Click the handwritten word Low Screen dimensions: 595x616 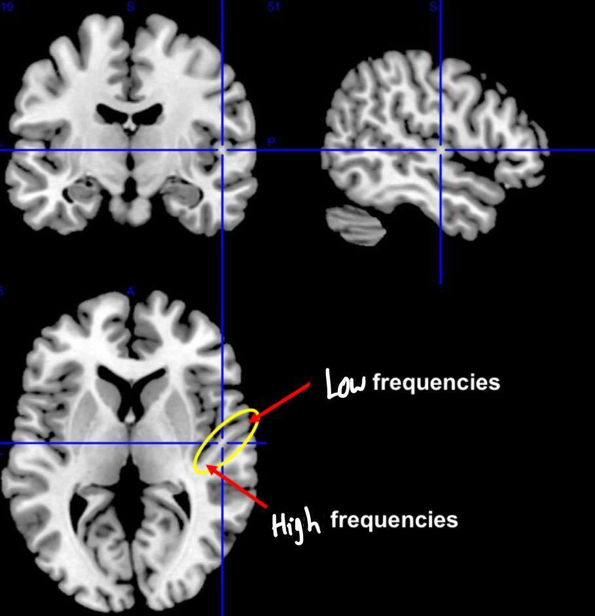click(346, 384)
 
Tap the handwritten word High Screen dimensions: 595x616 click(296, 523)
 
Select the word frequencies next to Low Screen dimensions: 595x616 click(436, 382)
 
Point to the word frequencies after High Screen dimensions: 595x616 click(394, 520)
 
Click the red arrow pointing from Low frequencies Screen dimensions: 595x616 click(281, 401)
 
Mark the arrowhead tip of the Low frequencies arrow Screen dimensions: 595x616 click(249, 420)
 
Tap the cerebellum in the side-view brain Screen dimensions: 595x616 click(354, 225)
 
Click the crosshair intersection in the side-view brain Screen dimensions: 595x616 click(441, 151)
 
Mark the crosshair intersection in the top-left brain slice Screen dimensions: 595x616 click(222, 151)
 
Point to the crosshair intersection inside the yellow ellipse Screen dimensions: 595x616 click(223, 443)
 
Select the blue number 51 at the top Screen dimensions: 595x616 click(274, 7)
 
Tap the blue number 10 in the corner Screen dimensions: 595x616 click(8, 7)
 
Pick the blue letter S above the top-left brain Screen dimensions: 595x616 click(131, 7)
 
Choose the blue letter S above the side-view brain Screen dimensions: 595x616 click(433, 7)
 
